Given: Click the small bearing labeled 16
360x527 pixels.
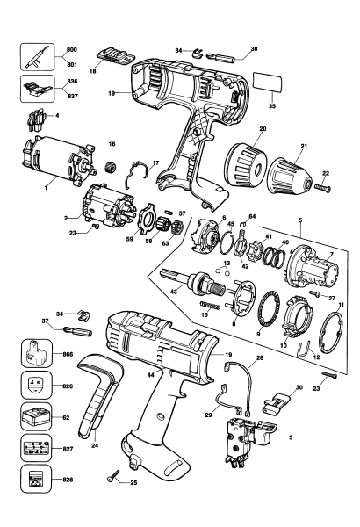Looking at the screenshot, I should coord(112,166).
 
